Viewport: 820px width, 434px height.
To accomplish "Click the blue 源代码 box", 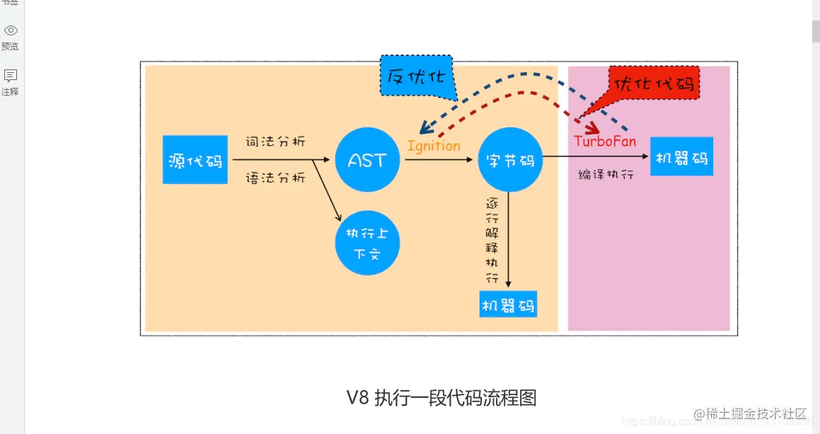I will (195, 160).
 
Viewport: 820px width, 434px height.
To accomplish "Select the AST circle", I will (367, 160).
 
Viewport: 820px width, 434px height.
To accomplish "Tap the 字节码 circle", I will (510, 160).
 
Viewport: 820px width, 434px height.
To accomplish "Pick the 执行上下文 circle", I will (367, 243).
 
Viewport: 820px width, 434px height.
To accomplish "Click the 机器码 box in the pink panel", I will (681, 157).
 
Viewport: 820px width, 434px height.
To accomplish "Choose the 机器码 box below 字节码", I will (508, 304).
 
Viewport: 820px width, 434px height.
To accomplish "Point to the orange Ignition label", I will (434, 146).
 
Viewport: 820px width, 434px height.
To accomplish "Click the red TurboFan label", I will (605, 141).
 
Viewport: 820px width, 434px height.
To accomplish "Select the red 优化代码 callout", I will (654, 84).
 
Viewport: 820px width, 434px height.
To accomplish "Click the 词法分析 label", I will (275, 141).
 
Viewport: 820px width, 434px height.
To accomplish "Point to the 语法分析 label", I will (275, 177).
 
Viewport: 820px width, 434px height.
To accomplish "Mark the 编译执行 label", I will (606, 173).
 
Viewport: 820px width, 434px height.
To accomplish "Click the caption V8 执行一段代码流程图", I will (441, 397).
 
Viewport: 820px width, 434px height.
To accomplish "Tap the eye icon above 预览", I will (11, 30).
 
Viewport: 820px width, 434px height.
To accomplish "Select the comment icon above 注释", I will (11, 76).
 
